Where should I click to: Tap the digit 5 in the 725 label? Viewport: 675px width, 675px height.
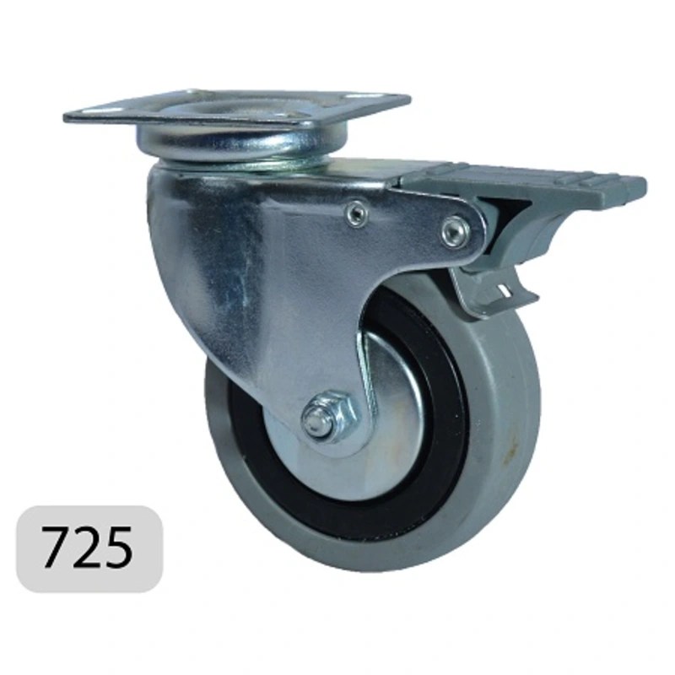coord(117,547)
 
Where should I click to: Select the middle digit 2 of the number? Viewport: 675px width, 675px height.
coord(86,546)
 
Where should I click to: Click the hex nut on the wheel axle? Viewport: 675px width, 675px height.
coord(329,416)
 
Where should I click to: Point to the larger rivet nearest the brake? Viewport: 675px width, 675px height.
coord(454,233)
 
